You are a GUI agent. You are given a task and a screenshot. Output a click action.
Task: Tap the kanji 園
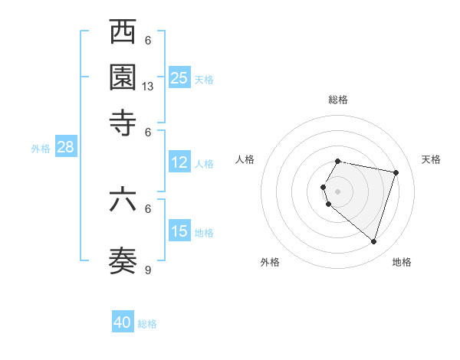point(123,77)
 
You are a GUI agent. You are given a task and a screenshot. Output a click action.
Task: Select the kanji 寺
point(123,122)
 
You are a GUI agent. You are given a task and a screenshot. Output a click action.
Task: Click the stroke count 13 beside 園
point(149,87)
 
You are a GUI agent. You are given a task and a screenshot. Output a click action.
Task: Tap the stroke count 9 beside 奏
point(149,270)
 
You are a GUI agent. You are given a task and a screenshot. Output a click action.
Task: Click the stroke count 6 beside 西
point(149,41)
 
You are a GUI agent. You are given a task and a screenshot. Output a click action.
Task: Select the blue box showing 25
point(179,77)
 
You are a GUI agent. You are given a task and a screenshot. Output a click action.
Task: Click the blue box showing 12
point(179,162)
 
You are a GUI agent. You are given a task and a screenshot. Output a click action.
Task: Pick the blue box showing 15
point(179,231)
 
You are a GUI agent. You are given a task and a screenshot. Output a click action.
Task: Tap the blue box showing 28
point(65,148)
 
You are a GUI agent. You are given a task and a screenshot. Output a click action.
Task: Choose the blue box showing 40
point(123,322)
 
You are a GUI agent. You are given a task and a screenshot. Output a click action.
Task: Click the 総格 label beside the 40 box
point(147,324)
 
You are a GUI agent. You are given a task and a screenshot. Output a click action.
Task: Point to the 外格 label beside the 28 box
point(40,149)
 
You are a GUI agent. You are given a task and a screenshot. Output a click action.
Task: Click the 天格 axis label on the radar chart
point(431,159)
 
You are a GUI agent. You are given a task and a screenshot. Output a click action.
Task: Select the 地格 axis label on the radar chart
point(402,262)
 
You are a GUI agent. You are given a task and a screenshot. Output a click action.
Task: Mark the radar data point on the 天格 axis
point(396,172)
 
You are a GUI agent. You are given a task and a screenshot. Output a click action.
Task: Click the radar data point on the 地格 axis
point(373,242)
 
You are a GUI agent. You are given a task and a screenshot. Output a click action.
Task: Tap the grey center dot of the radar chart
point(338,191)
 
